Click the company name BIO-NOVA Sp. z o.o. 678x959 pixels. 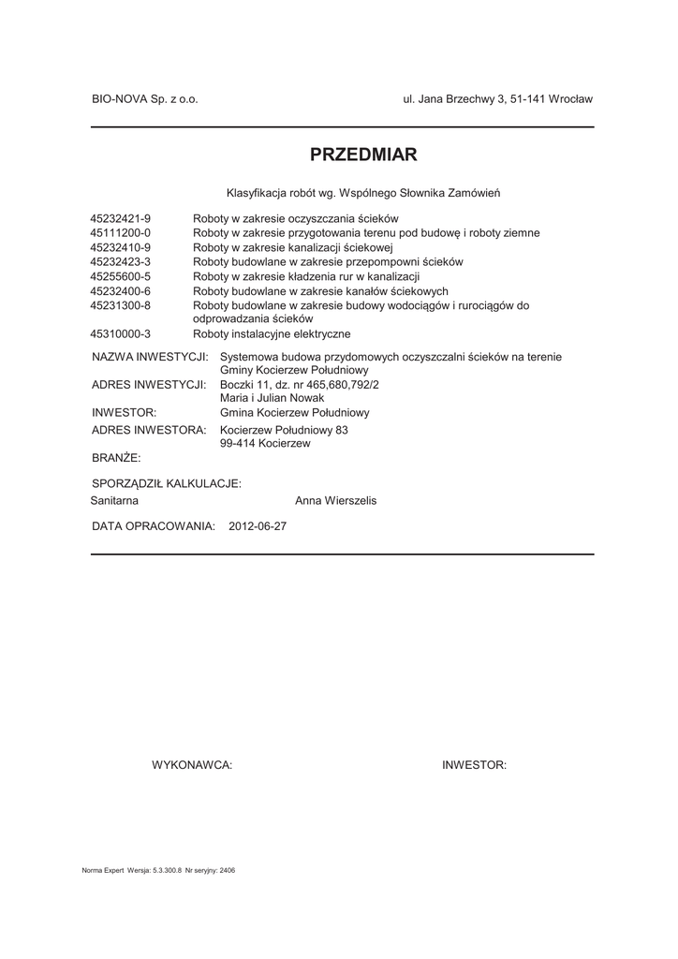[144, 98]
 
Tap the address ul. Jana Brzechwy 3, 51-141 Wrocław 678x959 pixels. [497, 98]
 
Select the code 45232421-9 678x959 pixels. [120, 218]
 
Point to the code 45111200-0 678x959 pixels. [120, 232]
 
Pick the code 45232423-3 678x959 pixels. [120, 262]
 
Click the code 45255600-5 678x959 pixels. [120, 276]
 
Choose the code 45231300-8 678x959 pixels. [120, 305]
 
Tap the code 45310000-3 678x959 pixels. [120, 333]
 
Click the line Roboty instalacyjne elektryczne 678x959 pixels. [272, 333]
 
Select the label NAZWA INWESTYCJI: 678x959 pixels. [150, 357]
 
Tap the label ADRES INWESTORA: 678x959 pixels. [149, 430]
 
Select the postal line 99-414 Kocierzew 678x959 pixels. [265, 443]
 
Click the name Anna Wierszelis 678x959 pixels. [335, 501]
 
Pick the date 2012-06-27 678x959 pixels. [258, 526]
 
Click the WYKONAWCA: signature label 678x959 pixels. [192, 765]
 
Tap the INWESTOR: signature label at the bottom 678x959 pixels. [474, 765]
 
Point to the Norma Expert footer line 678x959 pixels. [158, 870]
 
